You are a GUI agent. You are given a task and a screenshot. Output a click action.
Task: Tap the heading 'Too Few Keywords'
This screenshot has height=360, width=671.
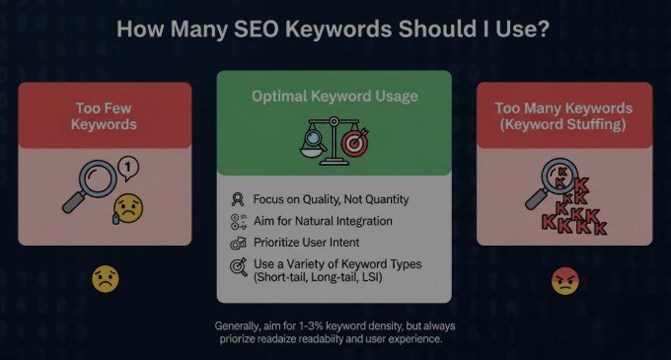coord(104,115)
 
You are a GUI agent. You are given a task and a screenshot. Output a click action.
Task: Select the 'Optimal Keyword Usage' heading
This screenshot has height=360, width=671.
coord(335,97)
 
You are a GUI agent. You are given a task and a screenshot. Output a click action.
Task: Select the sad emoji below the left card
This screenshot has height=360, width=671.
coord(105,279)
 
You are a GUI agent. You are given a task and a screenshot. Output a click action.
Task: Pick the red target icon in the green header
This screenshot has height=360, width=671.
coord(355,143)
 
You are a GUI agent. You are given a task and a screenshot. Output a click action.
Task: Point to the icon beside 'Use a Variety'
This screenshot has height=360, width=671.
coord(237,264)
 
